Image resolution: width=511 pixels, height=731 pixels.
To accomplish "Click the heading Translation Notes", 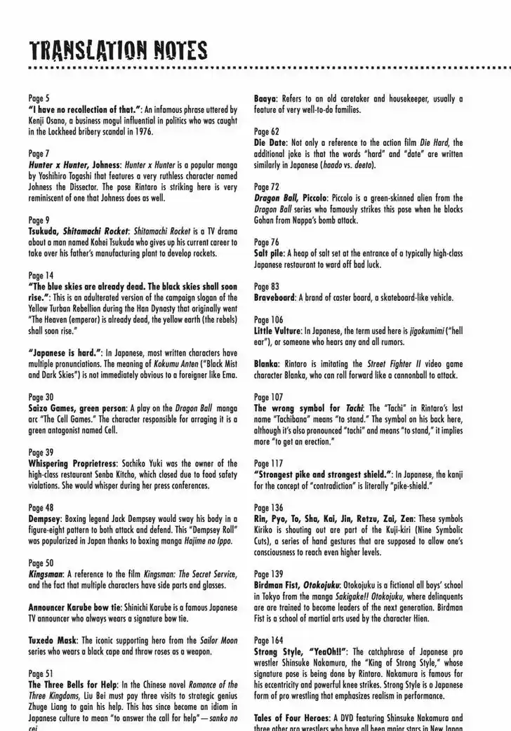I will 118,51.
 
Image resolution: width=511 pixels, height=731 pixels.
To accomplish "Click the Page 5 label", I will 39,100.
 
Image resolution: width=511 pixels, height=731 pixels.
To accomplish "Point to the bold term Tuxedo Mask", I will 53,641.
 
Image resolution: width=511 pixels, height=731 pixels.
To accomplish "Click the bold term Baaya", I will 265,100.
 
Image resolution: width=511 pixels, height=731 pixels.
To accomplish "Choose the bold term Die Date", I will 270,143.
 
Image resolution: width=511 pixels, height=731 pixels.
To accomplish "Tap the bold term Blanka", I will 267,364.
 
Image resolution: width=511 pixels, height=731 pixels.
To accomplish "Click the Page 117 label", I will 269,463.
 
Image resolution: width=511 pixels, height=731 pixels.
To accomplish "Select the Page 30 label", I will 41,396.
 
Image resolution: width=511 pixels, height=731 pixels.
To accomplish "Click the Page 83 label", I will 267,286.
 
